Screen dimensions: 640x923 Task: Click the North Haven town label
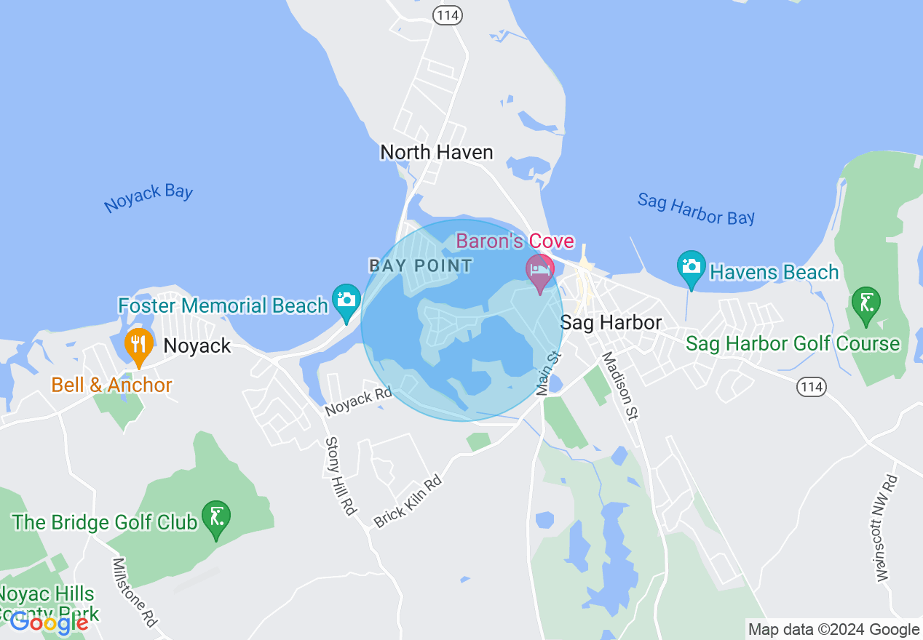(x=437, y=152)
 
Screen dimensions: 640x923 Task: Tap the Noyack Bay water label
(x=148, y=198)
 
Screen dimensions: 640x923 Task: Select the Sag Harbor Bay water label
(x=696, y=209)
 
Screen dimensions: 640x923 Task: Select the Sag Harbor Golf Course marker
(x=866, y=305)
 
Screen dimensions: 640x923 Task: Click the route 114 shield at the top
(x=447, y=14)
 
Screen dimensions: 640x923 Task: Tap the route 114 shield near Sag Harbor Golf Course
(x=811, y=386)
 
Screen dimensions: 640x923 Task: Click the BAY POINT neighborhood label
(x=421, y=265)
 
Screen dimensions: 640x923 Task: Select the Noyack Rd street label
(x=358, y=402)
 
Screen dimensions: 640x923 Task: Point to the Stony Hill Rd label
(x=341, y=476)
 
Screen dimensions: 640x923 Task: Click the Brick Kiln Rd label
(x=408, y=501)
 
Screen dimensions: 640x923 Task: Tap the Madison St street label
(x=619, y=386)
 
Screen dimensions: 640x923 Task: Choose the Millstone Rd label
(x=135, y=592)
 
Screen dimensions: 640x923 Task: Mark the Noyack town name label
(x=197, y=345)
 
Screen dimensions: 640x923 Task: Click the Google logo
(x=49, y=623)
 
